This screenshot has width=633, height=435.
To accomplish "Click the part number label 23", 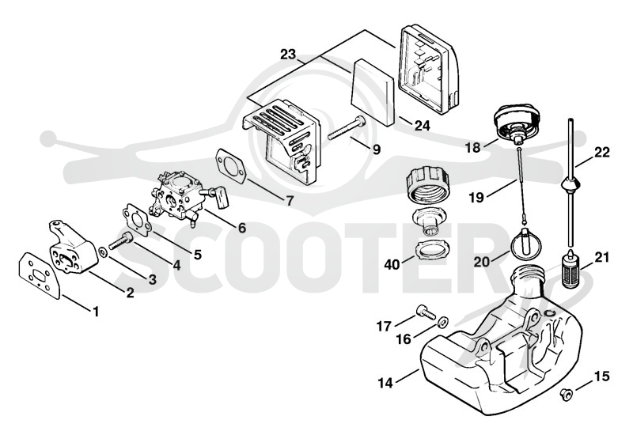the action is pos(288,55).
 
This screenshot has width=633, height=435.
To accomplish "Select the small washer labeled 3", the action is pos(103,252).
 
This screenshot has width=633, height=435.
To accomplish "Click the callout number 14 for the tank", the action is pos(386,383).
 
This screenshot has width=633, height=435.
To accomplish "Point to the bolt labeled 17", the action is pos(425,312).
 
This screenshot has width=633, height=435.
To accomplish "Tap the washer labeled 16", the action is pos(443,322).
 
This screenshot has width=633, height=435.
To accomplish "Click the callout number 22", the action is pos(601,153).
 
